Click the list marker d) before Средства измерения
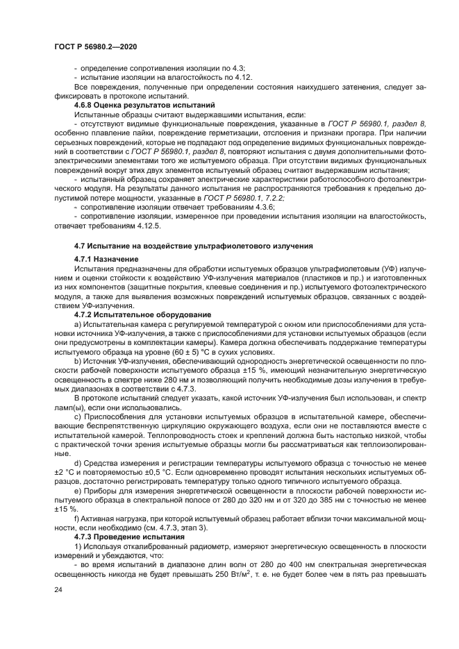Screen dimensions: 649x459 [x=76, y=461]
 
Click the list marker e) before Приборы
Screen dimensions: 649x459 [x=76, y=489]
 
